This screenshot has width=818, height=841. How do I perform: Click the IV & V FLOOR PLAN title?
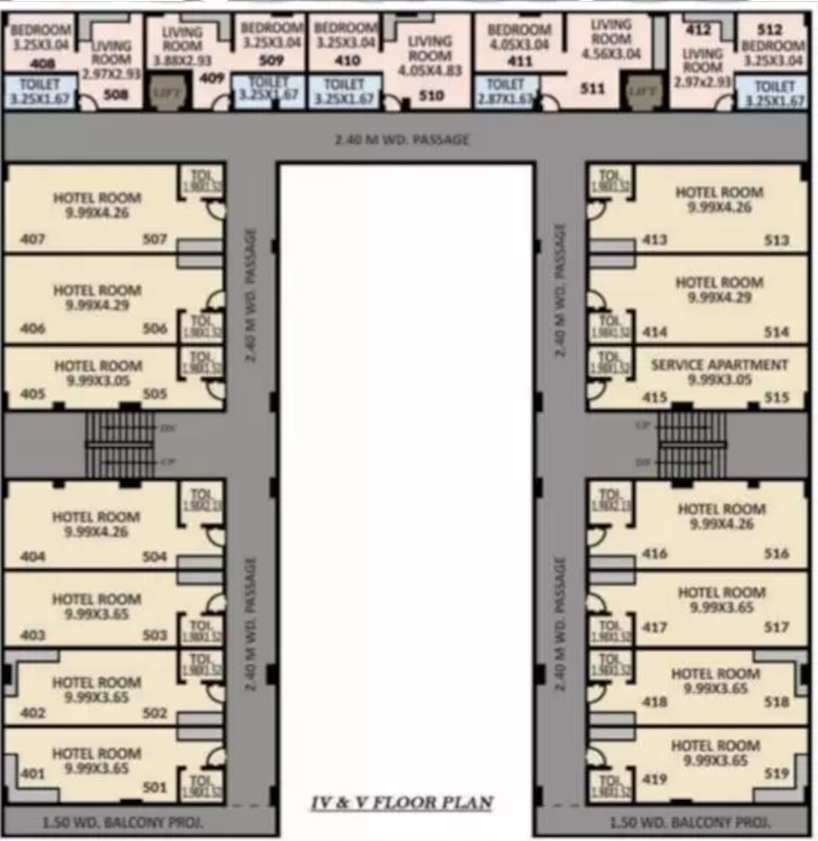(401, 803)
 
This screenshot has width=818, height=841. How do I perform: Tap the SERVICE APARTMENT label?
(719, 365)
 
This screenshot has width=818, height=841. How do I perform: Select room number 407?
(32, 239)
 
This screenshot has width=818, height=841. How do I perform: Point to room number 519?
(776, 774)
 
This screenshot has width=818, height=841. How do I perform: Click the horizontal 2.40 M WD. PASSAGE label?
(401, 140)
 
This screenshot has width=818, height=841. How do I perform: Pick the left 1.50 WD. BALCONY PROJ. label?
(122, 822)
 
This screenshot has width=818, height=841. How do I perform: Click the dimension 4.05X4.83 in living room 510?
(429, 71)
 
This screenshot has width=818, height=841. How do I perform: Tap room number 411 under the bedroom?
(520, 61)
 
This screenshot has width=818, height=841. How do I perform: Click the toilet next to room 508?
(40, 92)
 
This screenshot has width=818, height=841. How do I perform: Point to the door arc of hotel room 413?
(597, 210)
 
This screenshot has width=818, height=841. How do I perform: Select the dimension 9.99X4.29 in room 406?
(97, 305)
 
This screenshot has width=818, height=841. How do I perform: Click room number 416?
(655, 554)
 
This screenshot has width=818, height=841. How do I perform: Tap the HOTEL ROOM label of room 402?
(97, 682)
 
